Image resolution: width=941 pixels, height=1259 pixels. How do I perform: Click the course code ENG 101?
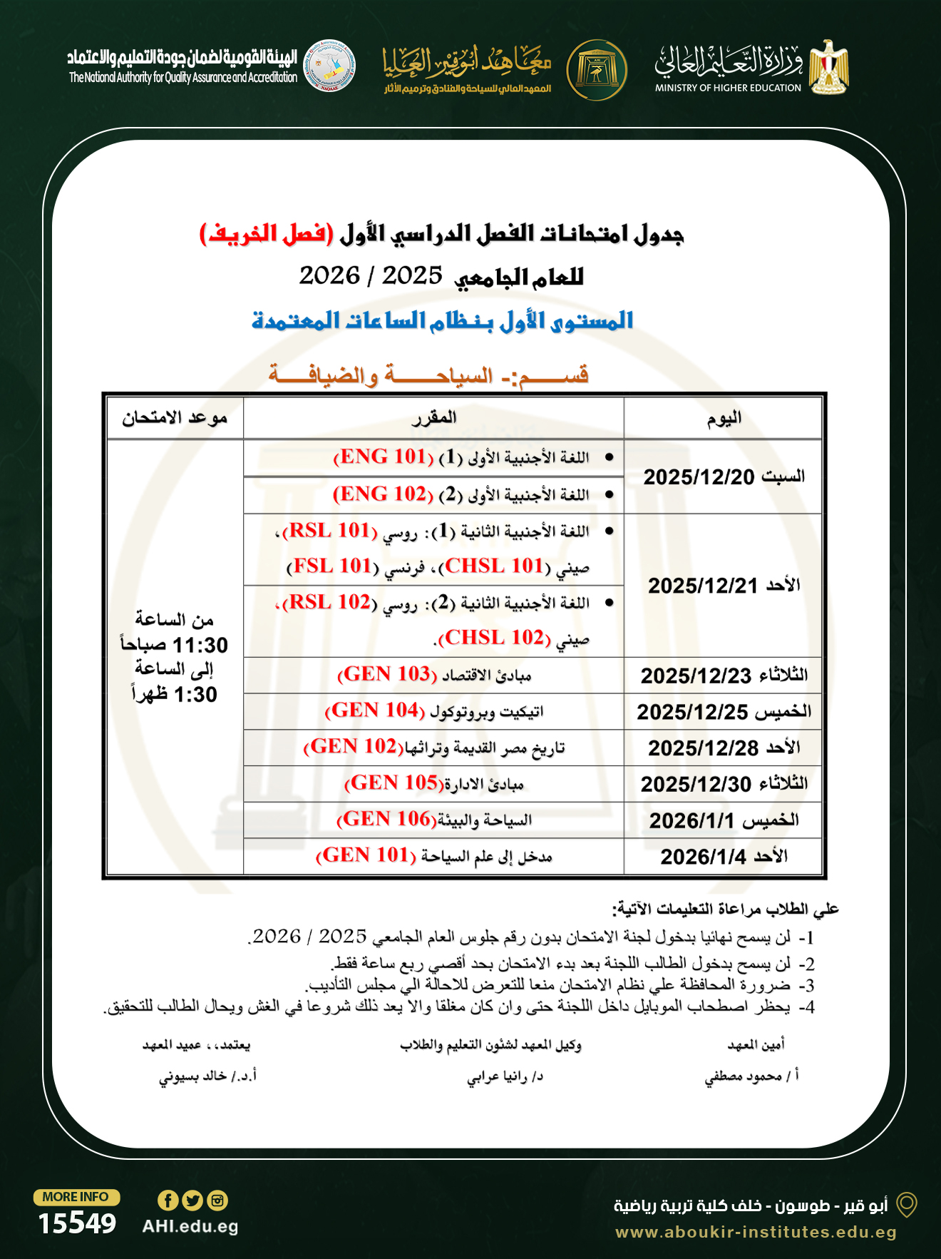point(384,457)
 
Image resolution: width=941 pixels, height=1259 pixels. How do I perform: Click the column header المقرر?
point(433,418)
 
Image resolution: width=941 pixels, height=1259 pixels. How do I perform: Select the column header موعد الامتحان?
point(175,418)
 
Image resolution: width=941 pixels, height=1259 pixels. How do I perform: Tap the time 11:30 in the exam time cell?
point(200,646)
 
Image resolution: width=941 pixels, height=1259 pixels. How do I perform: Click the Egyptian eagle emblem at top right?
point(828,68)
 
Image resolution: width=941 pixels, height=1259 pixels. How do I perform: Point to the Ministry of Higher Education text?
point(728,88)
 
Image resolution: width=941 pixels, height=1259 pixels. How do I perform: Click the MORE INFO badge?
point(76,1197)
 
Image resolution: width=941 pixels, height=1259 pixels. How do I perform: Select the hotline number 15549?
point(77,1224)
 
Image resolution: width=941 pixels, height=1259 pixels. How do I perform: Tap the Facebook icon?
point(168,1201)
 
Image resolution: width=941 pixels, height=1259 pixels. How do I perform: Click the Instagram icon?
point(217,1201)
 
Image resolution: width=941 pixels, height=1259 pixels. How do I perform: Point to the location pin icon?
point(906,1205)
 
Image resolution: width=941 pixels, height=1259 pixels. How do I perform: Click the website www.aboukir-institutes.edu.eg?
point(756,1232)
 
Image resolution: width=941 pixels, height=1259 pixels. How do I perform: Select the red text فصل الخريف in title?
point(266,234)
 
